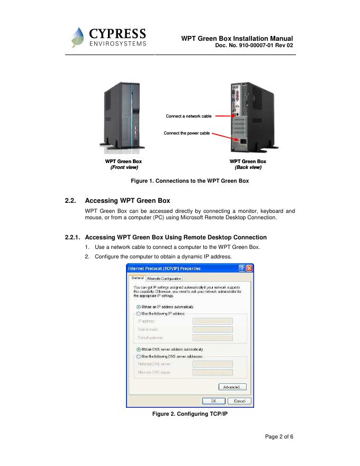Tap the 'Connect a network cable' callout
(188, 116)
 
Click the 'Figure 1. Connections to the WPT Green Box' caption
(190, 181)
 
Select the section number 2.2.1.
(73, 237)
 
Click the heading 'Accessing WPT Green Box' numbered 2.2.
(127, 201)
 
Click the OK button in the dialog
(214, 401)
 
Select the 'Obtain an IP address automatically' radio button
(139, 307)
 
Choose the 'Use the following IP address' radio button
(139, 313)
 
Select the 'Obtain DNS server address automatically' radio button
(139, 349)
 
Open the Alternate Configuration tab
(164, 279)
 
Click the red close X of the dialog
(249, 268)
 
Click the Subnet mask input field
(213, 329)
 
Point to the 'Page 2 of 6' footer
(279, 437)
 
